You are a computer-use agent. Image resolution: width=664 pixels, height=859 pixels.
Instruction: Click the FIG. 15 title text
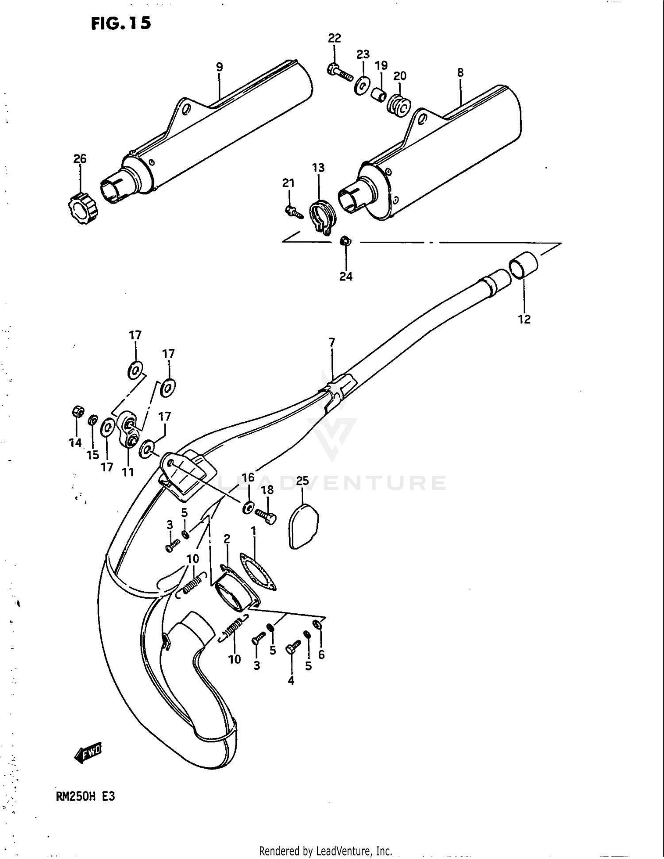click(121, 23)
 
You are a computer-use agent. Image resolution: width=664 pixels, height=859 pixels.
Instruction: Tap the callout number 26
click(80, 158)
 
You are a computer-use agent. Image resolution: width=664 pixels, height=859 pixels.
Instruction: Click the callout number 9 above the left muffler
click(219, 67)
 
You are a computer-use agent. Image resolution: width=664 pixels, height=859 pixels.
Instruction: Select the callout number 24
click(346, 276)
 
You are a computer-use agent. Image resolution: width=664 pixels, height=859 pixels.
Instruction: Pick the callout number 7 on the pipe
click(332, 342)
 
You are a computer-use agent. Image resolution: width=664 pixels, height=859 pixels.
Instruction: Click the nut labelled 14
click(77, 412)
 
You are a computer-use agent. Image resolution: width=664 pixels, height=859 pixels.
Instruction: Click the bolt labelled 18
click(266, 516)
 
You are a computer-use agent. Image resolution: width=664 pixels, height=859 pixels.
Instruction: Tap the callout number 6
click(321, 655)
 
